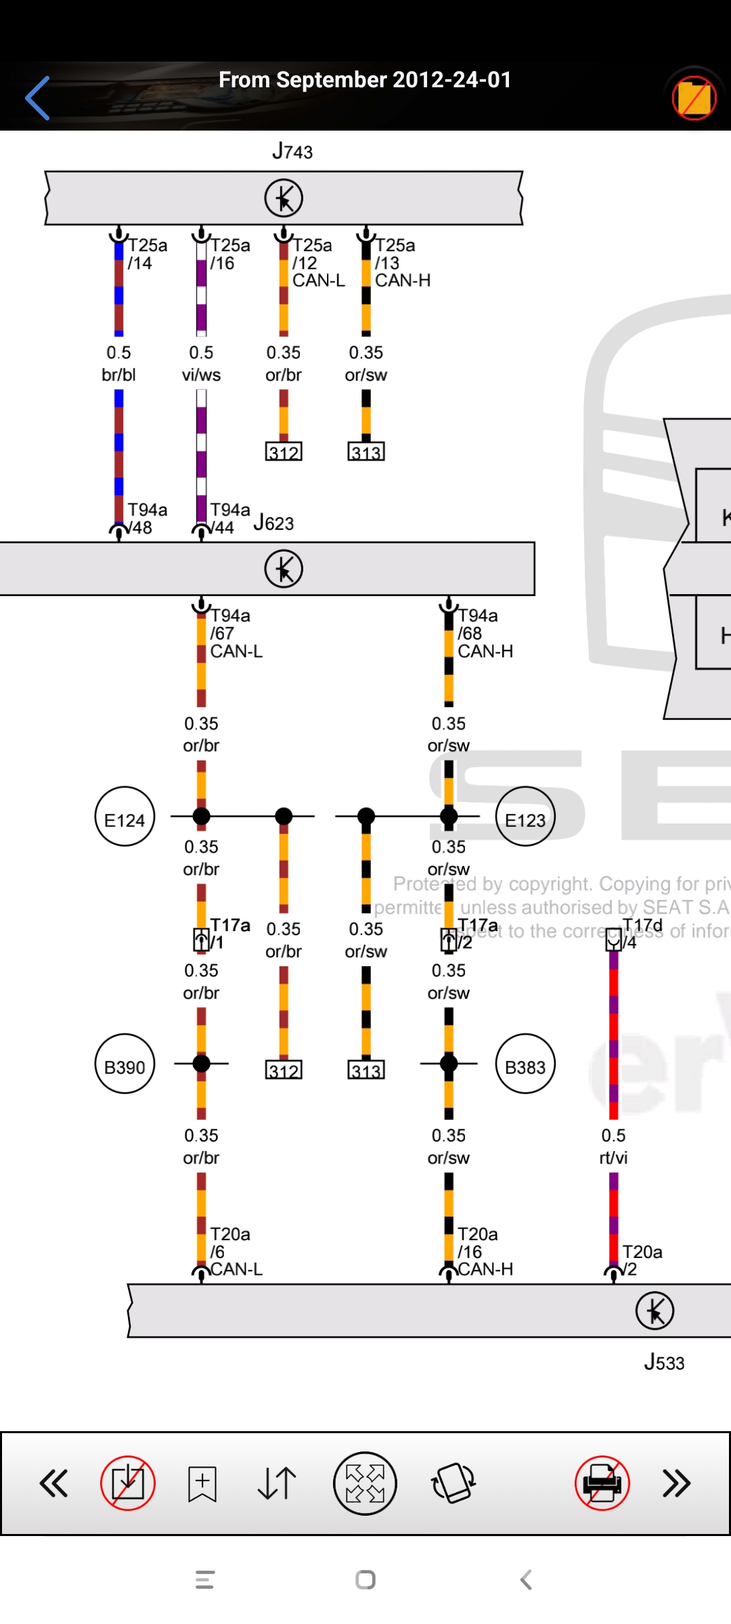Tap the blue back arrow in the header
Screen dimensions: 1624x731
(x=38, y=98)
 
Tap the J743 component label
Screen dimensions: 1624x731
(x=292, y=152)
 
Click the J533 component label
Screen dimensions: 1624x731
(x=664, y=1362)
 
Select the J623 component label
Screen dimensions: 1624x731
(x=273, y=523)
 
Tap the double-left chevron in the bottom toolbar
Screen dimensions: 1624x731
(x=54, y=1483)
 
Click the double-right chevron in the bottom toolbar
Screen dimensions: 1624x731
(x=676, y=1483)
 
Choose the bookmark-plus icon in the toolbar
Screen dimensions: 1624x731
(x=202, y=1483)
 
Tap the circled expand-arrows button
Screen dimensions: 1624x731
(x=365, y=1483)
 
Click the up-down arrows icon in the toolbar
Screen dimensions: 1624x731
(x=277, y=1483)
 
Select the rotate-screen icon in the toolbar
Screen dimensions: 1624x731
(x=453, y=1483)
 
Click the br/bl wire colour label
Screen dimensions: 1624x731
(x=118, y=375)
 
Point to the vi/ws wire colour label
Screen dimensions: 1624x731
(x=201, y=375)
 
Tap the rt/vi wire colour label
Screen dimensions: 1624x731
(x=613, y=1158)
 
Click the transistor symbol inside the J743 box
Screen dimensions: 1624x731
(x=284, y=198)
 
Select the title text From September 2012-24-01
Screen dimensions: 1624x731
(x=365, y=80)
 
